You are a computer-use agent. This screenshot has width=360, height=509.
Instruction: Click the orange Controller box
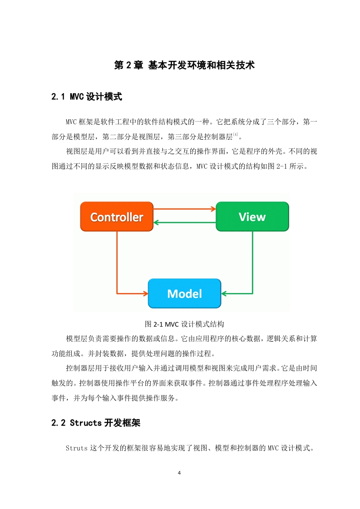tap(117, 216)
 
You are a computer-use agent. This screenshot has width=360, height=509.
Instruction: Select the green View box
tap(252, 216)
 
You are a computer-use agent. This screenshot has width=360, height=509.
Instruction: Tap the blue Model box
tap(185, 294)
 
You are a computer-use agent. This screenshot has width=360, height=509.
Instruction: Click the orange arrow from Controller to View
tap(185, 209)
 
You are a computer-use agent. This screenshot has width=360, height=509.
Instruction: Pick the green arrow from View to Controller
tap(185, 222)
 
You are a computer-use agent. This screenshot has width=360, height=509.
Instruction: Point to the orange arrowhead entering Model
tap(146, 294)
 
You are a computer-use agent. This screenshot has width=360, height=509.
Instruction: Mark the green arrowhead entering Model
tap(224, 294)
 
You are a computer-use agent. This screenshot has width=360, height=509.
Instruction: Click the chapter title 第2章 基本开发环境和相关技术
tap(184, 65)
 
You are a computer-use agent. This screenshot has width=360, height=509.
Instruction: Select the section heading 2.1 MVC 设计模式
tap(87, 97)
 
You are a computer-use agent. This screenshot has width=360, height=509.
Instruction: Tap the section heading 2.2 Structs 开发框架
tap(96, 423)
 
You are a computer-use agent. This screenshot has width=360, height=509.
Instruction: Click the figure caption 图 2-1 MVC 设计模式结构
tap(184, 324)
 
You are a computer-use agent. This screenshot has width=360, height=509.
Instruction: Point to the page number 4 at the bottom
tap(179, 473)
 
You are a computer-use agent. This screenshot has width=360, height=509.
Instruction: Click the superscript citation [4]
tap(236, 134)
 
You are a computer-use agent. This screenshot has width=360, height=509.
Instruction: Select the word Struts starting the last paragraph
tap(77, 448)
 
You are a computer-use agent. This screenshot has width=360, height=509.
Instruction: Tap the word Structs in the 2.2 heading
tap(86, 423)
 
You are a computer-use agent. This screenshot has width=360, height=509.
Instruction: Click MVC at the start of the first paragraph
tap(71, 122)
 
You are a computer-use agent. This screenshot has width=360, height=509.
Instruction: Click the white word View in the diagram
tap(252, 217)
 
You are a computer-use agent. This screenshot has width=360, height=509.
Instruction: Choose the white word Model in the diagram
tap(185, 294)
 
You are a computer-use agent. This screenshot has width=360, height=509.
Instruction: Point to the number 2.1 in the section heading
tap(58, 97)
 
